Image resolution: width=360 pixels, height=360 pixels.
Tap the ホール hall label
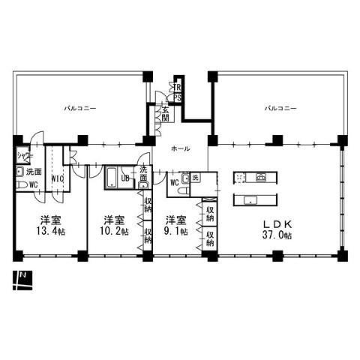click(x=179, y=149)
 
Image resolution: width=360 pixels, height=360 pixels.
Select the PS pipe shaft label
click(x=178, y=97)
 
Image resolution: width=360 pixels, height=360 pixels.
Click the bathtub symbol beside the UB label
click(x=112, y=178)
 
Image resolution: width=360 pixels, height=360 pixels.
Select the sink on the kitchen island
click(x=251, y=199)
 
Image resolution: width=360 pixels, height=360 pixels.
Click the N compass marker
click(x=22, y=277)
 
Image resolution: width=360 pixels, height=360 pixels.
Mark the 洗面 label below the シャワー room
click(x=33, y=172)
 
